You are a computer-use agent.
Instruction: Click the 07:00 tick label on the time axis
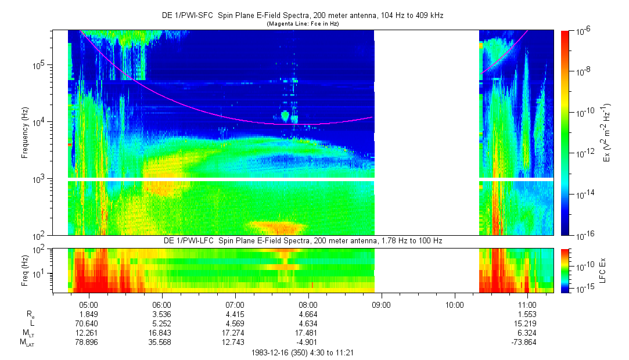pos(235,304)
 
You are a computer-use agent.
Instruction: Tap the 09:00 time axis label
pos(381,304)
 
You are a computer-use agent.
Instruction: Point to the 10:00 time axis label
pos(454,304)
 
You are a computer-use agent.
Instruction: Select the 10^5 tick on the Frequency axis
pos(39,65)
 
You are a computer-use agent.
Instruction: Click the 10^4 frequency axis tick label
pos(39,122)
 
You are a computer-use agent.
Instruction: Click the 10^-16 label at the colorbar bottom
pos(584,235)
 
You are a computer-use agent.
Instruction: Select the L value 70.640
pos(88,323)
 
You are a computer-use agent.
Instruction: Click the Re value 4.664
pos(308,314)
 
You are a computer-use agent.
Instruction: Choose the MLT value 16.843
pos(161,333)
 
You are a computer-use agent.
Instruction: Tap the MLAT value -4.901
pos(308,342)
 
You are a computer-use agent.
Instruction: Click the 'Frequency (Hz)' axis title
pos(25,133)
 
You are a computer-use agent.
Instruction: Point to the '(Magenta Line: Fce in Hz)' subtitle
pos(303,24)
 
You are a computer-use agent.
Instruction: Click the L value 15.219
pos(527,323)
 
